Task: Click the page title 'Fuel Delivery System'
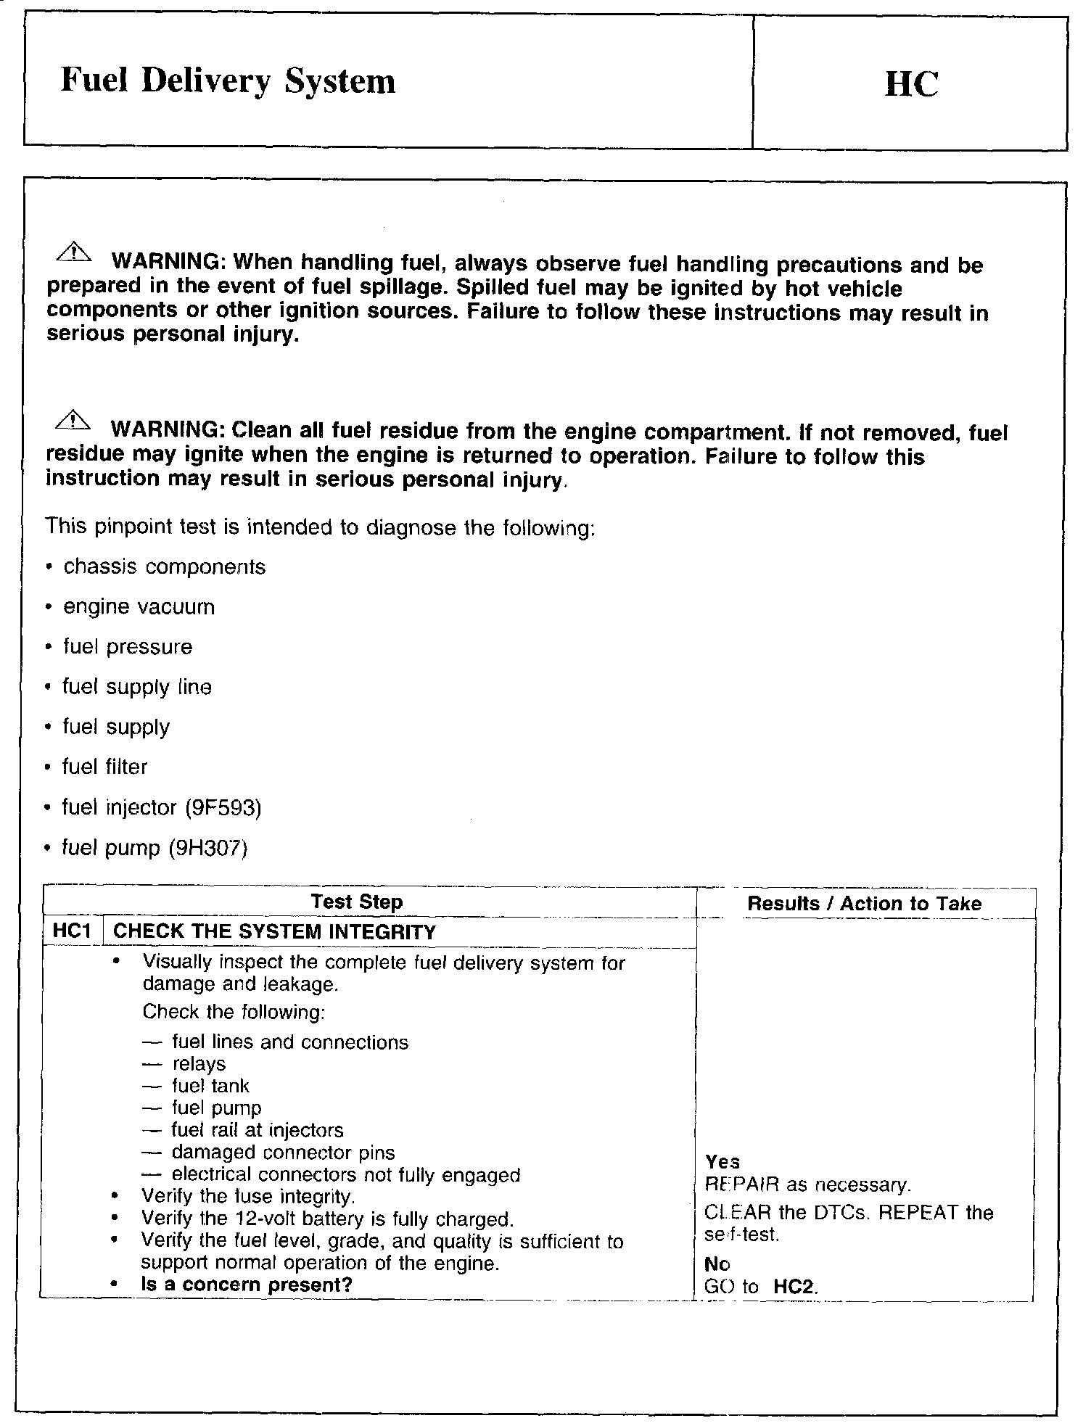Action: [x=228, y=81]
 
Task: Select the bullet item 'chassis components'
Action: [x=164, y=566]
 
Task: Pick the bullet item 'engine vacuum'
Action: [x=139, y=606]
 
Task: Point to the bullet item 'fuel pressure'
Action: [x=128, y=646]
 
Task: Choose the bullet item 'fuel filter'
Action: [x=105, y=767]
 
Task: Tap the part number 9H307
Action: [x=208, y=848]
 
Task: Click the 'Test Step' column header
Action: [x=356, y=902]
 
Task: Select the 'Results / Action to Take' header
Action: [x=864, y=904]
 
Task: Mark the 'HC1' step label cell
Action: [x=72, y=931]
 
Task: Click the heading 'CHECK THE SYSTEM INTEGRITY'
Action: [x=275, y=932]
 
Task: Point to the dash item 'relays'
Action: [x=199, y=1064]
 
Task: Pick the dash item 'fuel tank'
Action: [x=210, y=1086]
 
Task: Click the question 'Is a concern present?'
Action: [x=247, y=1285]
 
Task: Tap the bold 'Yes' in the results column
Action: [x=722, y=1162]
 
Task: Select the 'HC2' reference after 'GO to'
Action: [x=794, y=1287]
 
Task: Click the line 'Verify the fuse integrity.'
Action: [x=248, y=1196]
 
